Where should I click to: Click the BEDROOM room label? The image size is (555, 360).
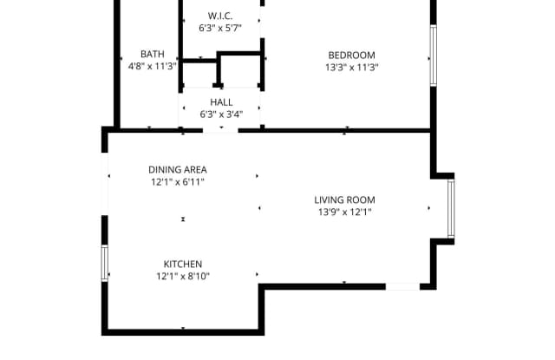tap(352, 53)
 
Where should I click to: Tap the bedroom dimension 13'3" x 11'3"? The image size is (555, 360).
tap(352, 67)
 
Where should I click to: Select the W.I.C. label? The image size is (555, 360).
tap(220, 16)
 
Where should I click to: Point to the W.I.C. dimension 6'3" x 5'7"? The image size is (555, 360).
tap(220, 29)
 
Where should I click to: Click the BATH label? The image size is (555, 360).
tap(153, 53)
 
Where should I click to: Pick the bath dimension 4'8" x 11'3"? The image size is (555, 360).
tap(153, 66)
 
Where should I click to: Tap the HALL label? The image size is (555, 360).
tap(220, 101)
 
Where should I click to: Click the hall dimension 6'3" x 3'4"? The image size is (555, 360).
tap(220, 114)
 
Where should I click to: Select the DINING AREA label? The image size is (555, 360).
tap(177, 169)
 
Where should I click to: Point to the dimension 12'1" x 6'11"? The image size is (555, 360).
tap(177, 182)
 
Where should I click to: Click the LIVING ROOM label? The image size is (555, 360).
tap(344, 200)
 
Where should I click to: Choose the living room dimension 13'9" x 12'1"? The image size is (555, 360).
tap(344, 213)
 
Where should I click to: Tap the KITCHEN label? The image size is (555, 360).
tap(183, 264)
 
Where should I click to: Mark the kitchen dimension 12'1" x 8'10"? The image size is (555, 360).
tap(183, 277)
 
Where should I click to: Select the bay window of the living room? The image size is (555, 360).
tap(450, 208)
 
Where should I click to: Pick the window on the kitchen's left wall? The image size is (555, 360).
tap(105, 263)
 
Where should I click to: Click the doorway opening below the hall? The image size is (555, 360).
tap(220, 130)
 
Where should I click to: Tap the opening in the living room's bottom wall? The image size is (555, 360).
tap(402, 285)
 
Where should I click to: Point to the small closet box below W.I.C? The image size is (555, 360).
tap(238, 71)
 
